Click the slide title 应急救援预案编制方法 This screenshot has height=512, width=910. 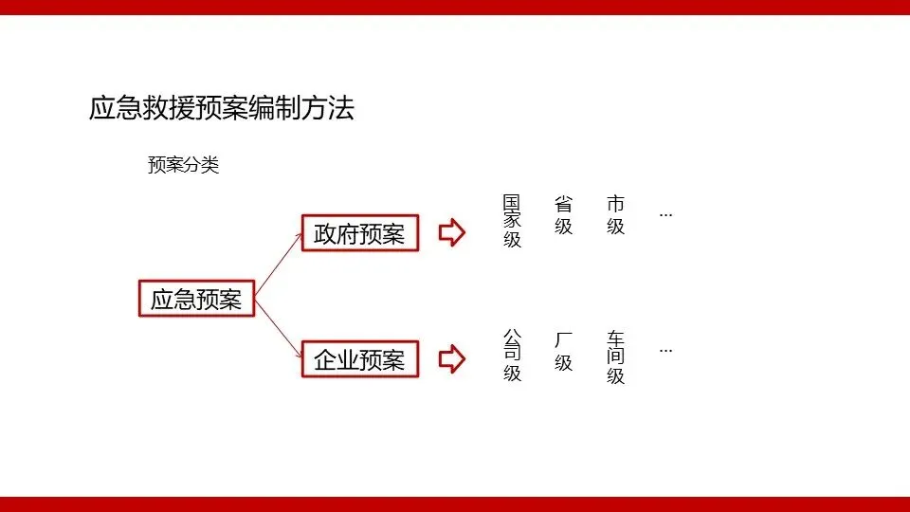(221, 108)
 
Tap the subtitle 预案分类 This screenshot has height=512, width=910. (183, 165)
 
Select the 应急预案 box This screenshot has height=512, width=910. (196, 300)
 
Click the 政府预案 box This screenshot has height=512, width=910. (359, 233)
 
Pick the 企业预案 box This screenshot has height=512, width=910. (359, 359)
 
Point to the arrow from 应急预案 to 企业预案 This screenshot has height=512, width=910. (279, 328)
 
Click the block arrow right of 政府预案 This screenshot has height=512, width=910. (452, 232)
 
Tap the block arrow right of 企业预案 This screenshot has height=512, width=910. (452, 358)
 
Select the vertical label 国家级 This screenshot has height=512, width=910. (512, 221)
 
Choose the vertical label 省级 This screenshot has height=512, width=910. (564, 215)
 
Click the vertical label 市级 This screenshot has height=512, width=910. (616, 215)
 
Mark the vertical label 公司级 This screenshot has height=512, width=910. (512, 355)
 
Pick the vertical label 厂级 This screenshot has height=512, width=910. (564, 350)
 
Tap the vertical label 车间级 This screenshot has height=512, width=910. (616, 356)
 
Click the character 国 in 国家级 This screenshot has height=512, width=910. (512, 203)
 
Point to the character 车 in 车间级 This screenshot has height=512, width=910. (616, 338)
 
